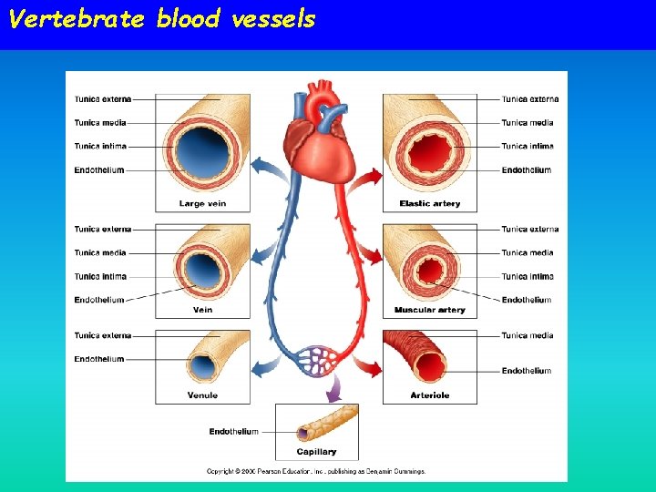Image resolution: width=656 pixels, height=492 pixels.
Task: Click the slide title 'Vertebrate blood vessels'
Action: click(161, 19)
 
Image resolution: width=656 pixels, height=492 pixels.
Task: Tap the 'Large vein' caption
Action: click(203, 204)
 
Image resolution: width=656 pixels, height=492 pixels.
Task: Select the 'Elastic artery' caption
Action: click(429, 204)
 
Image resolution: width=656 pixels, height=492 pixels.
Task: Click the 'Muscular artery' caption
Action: click(429, 311)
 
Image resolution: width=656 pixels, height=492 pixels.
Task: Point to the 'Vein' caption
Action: click(203, 311)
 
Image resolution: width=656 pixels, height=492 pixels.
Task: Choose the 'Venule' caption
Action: click(202, 396)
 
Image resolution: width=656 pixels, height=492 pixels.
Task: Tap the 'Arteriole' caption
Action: click(429, 396)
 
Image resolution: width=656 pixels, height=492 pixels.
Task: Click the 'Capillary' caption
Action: click(316, 452)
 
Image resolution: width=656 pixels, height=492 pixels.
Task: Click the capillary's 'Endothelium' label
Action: click(234, 432)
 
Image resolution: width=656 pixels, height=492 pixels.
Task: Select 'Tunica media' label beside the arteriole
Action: click(527, 336)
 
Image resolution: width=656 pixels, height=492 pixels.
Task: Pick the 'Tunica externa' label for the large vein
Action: click(102, 98)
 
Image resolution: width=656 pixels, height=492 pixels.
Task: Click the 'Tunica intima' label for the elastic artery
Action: click(527, 146)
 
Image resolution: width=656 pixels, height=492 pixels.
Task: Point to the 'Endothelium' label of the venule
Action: click(99, 359)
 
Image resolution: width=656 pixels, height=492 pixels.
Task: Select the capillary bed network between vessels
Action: click(316, 360)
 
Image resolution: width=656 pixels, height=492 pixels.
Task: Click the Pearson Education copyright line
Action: click(315, 472)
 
